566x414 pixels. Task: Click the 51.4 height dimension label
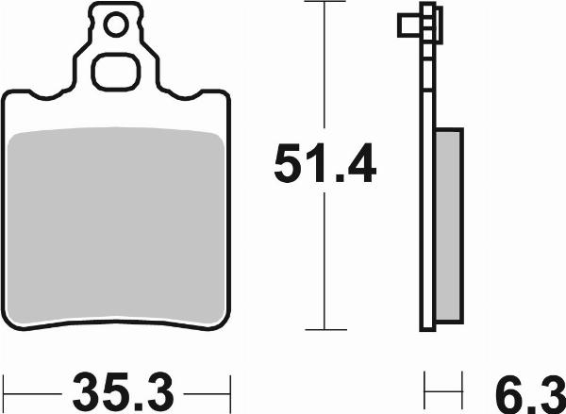pos(325,163)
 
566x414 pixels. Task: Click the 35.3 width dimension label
pos(123,393)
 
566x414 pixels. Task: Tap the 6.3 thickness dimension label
pos(530,394)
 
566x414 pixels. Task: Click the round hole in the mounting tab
pos(116,25)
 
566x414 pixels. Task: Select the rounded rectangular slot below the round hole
pos(115,72)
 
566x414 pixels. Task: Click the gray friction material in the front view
pos(115,226)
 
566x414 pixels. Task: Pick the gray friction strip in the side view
pos(448,225)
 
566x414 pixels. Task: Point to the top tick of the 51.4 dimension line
pos(325,2)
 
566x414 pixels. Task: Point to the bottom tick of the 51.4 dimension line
pos(325,329)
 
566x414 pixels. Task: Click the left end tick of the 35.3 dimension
pos(4,393)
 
